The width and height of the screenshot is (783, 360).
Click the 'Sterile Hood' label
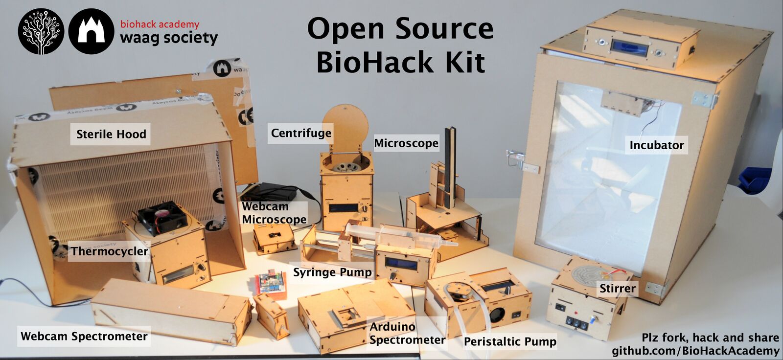tap(111, 134)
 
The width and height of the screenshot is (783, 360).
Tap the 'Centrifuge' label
tap(301, 133)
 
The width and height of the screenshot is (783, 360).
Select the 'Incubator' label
tap(656, 145)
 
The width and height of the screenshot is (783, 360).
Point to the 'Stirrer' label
tap(617, 289)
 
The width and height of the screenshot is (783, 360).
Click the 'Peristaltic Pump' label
tap(510, 341)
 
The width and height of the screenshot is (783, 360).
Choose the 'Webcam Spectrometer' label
tap(84, 336)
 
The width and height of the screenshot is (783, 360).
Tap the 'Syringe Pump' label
tap(332, 272)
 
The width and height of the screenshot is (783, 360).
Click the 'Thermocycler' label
tap(110, 251)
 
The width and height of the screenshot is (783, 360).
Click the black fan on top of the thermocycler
tap(161, 217)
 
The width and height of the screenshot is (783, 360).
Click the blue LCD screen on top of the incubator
tap(629, 47)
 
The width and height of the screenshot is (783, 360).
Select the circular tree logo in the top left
tap(41, 31)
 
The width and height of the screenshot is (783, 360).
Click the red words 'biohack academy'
tap(160, 24)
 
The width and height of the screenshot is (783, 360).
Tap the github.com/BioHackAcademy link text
tap(695, 351)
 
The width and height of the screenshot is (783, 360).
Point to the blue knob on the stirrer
tap(592, 319)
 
